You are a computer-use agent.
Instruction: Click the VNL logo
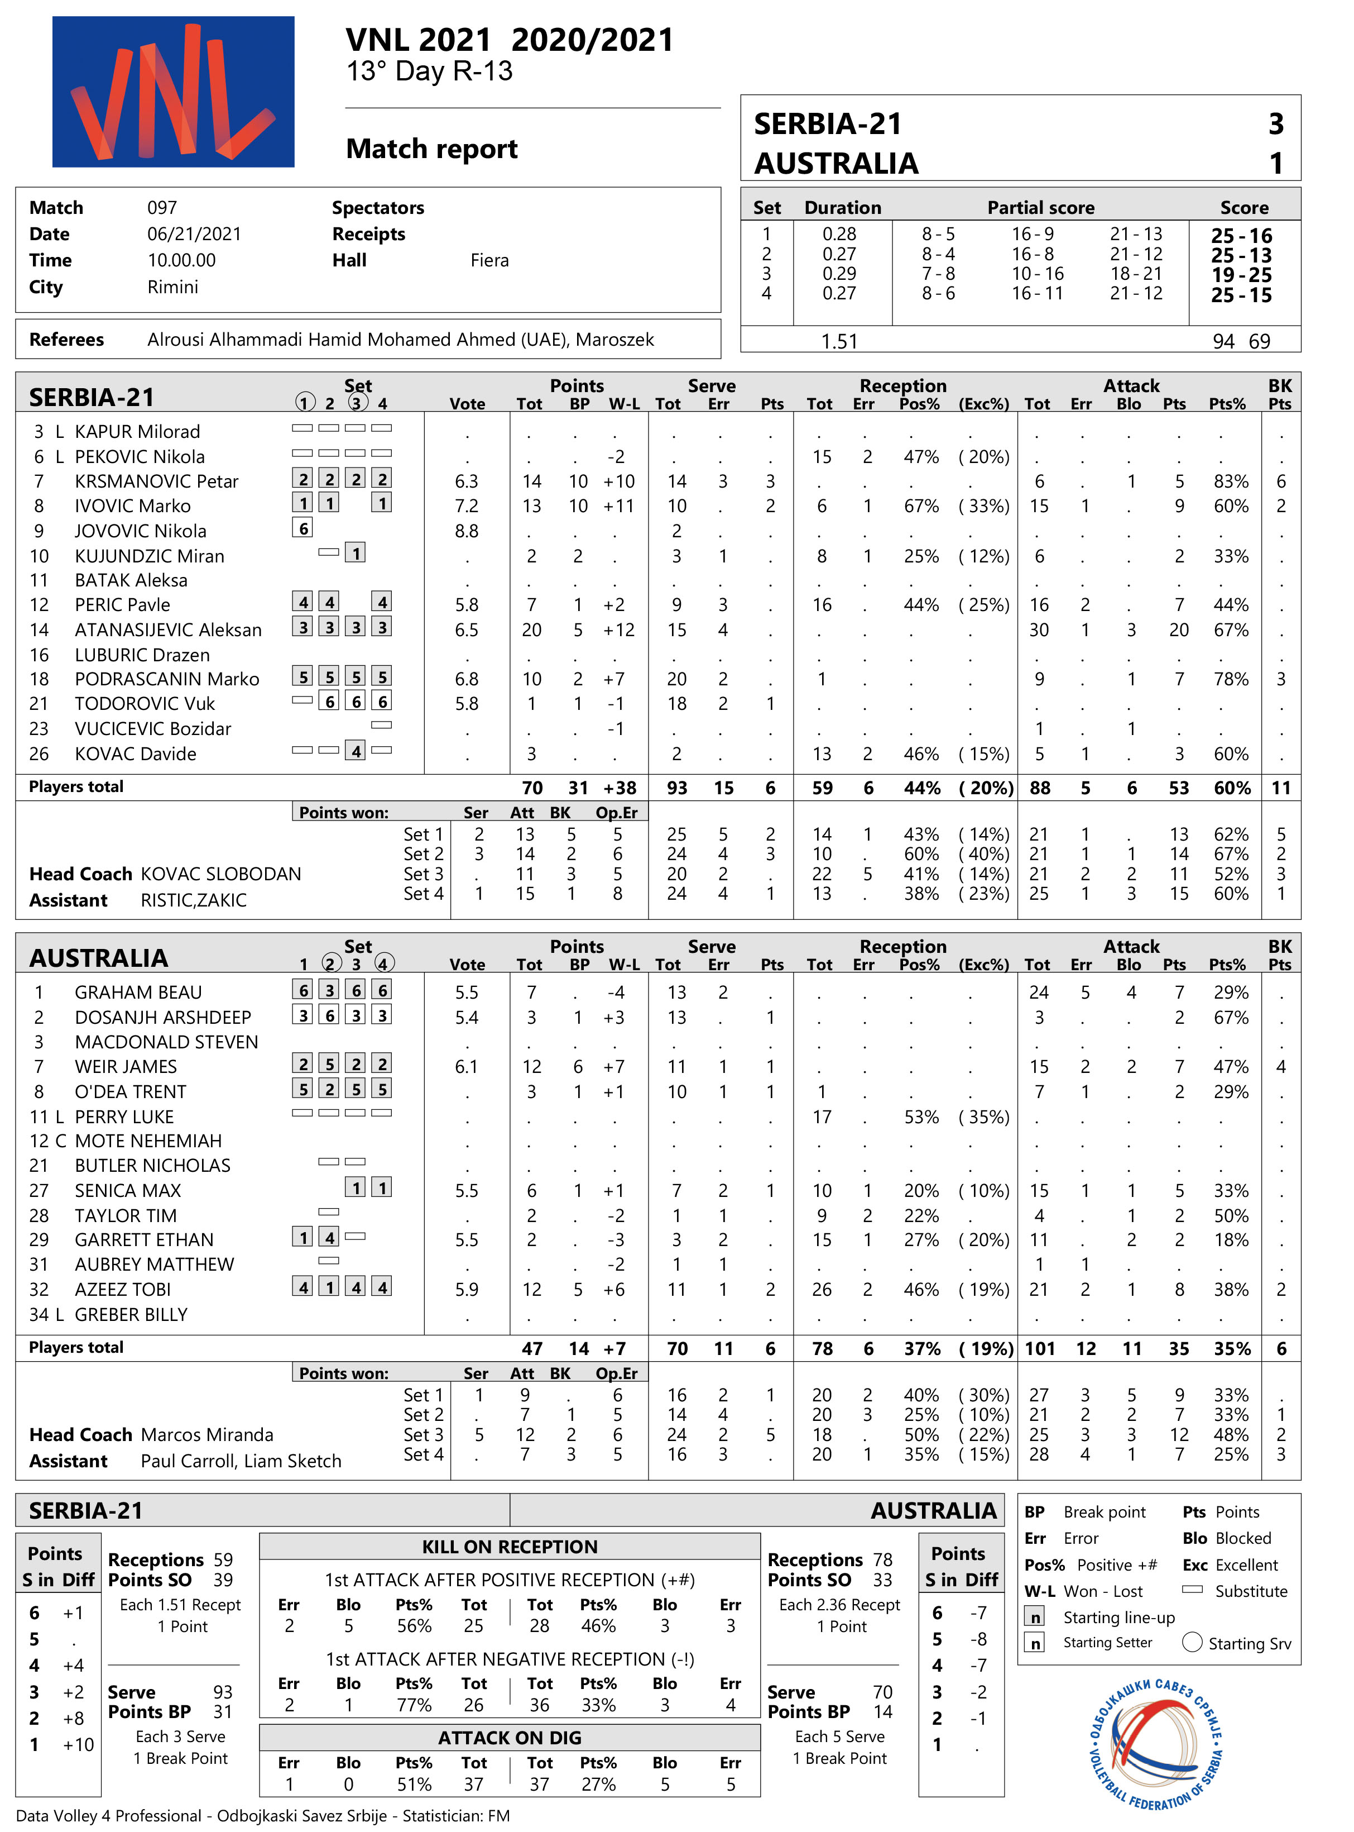[173, 92]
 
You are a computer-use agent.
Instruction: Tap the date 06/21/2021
[194, 235]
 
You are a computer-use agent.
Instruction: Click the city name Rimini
[173, 287]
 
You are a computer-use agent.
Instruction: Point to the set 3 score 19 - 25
[1241, 275]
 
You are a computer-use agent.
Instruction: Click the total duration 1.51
[839, 341]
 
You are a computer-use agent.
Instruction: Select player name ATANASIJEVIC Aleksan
[168, 630]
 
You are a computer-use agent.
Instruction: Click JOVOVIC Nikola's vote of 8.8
[467, 531]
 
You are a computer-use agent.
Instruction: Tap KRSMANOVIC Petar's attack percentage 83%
[1230, 481]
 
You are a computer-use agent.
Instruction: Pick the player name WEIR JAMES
[126, 1067]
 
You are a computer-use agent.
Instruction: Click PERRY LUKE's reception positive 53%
[921, 1117]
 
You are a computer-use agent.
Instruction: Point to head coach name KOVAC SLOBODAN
[222, 874]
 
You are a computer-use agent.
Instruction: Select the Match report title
[432, 149]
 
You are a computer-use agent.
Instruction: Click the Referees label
[66, 340]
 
